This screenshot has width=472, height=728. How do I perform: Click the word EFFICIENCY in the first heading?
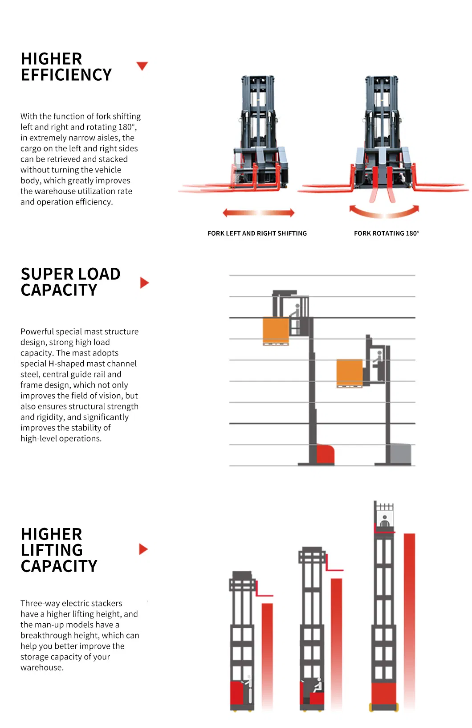point(66,75)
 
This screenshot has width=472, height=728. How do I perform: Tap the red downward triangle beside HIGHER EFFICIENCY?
point(142,66)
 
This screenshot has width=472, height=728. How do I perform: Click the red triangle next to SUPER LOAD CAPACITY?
point(144,282)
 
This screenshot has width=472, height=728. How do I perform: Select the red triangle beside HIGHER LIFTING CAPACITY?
point(143,549)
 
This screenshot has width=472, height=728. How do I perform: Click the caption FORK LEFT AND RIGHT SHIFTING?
point(257,233)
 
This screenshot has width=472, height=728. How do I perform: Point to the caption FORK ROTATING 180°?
point(387,233)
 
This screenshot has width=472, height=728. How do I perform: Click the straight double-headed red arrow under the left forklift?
point(258,213)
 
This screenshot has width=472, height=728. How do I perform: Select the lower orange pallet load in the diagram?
point(349,372)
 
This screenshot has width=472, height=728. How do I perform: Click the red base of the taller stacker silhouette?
point(325,454)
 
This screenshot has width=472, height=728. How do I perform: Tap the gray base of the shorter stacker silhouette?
point(400,454)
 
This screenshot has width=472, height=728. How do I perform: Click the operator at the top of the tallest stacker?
point(384,521)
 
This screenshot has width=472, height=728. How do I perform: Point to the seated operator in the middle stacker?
point(317,686)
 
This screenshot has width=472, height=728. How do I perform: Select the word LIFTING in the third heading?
point(52,550)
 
